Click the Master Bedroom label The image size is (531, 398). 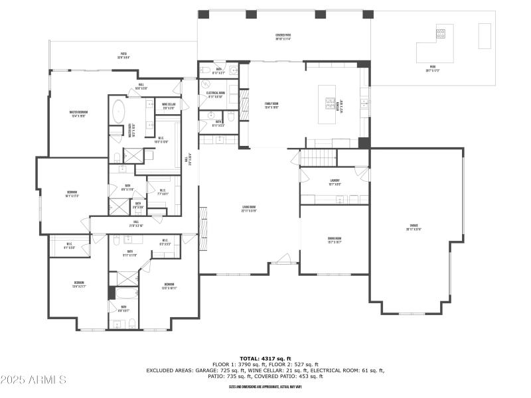78,113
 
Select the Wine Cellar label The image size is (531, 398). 169,105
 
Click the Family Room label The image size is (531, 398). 271,104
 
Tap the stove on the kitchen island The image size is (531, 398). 330,103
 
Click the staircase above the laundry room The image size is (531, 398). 318,158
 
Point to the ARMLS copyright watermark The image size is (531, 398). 33,380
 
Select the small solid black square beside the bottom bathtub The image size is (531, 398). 112,293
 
